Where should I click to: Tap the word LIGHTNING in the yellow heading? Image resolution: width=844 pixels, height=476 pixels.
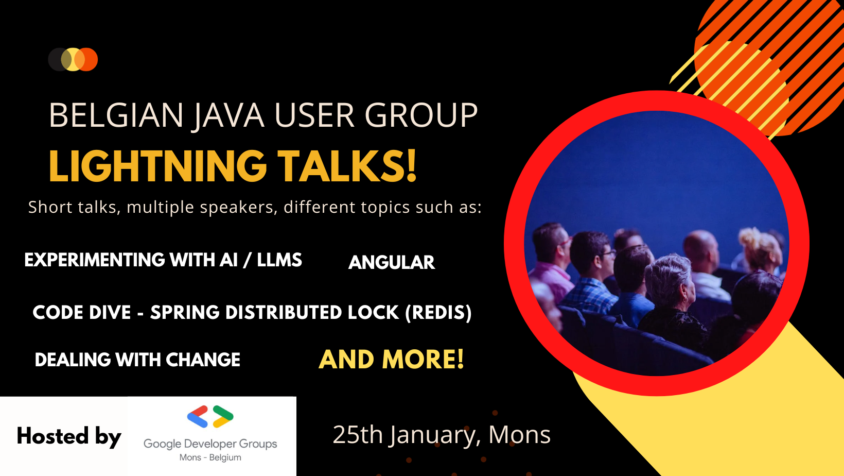click(x=158, y=166)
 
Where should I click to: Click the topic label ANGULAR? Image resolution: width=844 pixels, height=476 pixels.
click(x=392, y=263)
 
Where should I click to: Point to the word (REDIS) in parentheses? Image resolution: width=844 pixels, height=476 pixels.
click(x=438, y=313)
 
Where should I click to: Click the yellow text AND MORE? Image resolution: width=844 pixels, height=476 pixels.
click(x=391, y=359)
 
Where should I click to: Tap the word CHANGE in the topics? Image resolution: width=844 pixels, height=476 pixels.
click(x=203, y=360)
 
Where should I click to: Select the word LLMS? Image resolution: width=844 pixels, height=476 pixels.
click(x=279, y=260)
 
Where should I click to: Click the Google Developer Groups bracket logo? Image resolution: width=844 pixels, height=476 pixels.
click(x=210, y=416)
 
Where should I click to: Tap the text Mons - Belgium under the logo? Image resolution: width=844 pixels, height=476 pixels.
click(x=210, y=457)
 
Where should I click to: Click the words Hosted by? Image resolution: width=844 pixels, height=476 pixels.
click(x=69, y=437)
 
